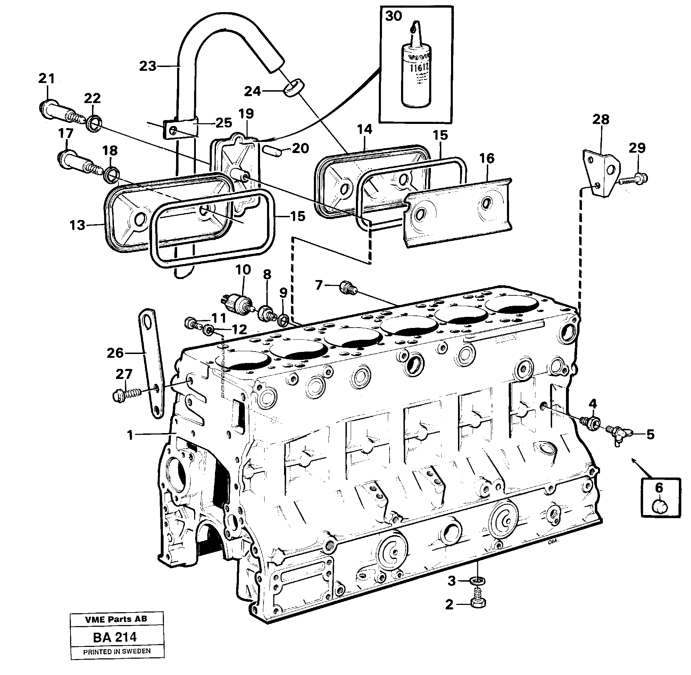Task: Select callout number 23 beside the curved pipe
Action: [148, 66]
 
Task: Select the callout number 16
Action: [487, 158]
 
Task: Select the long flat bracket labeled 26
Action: [152, 365]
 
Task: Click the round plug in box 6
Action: [659, 507]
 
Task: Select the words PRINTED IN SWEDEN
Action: [117, 651]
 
